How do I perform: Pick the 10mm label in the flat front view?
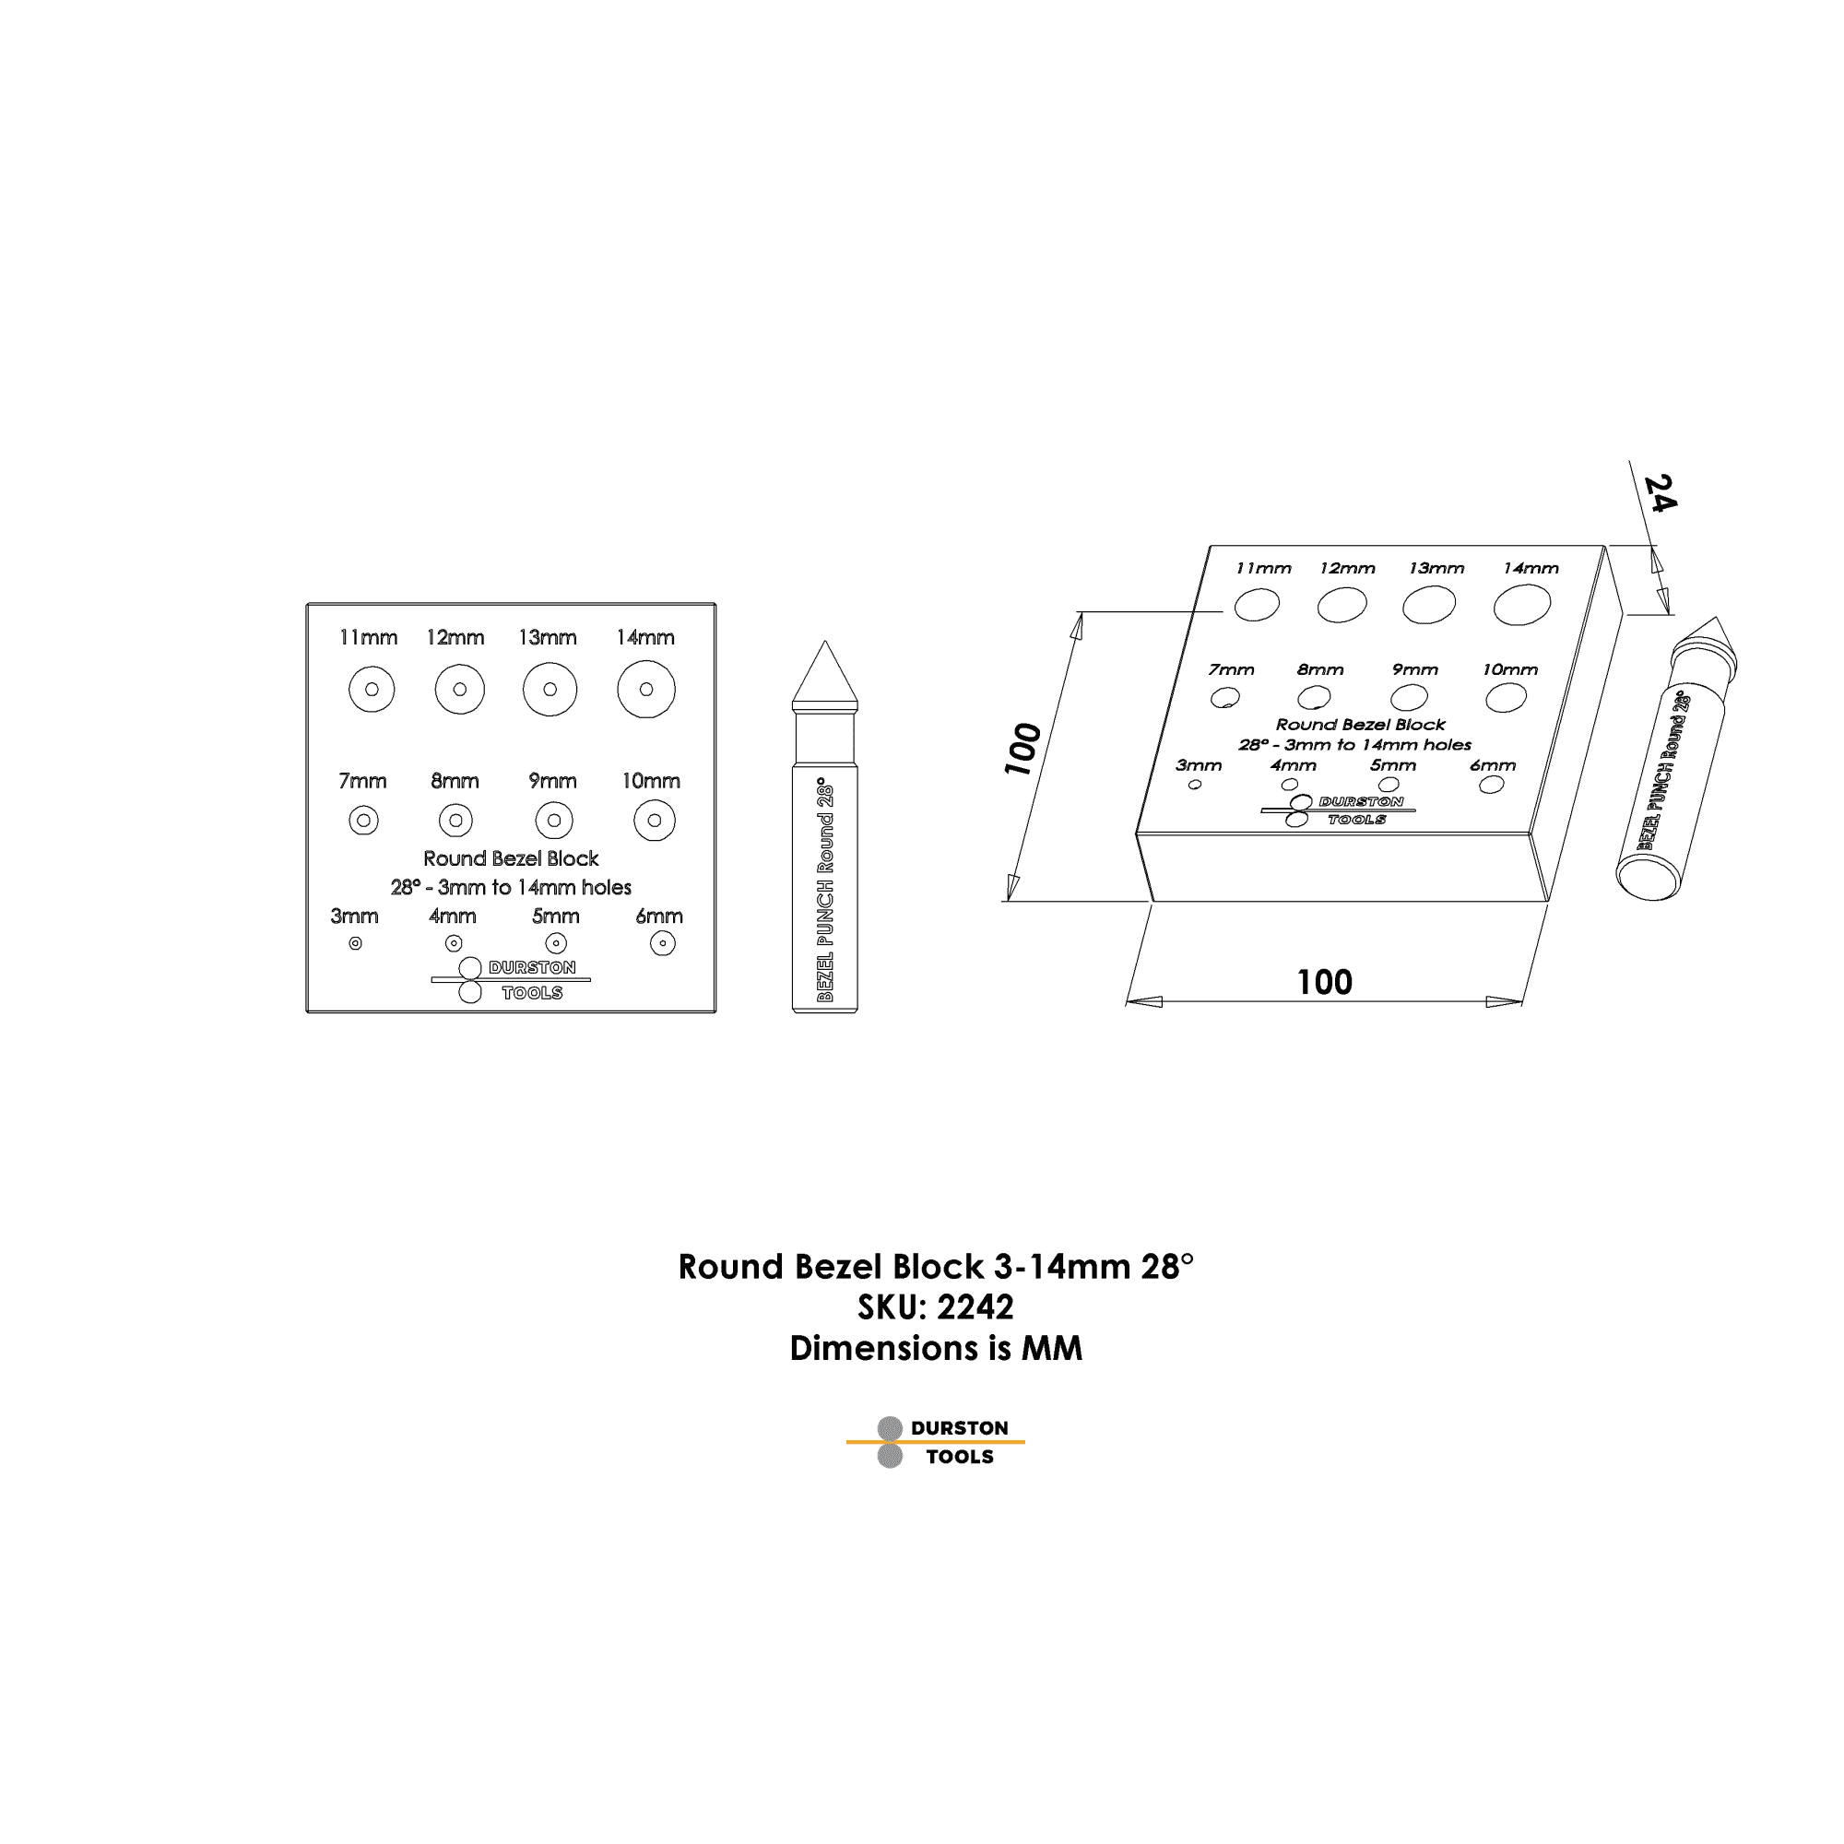651,781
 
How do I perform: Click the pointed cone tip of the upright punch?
824,642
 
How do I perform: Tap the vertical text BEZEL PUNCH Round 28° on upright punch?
825,890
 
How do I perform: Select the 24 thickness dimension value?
1661,493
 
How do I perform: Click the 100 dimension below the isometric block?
1324,982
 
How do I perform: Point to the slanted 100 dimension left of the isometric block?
1022,750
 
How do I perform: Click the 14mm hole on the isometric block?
1522,605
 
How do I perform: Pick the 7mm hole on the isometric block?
1225,698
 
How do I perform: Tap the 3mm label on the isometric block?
1199,765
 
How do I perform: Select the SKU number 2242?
975,1306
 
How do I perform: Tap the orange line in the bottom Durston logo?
935,1441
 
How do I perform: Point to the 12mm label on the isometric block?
1347,569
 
